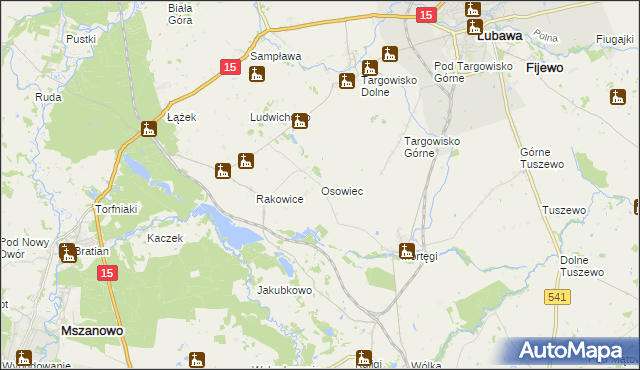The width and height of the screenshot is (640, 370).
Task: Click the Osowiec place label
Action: coord(341,190)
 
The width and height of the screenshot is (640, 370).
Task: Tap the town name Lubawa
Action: coord(502,35)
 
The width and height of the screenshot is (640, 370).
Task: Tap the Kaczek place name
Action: coord(165,238)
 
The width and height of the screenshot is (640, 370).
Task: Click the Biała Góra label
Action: coord(180,12)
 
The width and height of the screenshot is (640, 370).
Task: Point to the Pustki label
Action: coord(80,39)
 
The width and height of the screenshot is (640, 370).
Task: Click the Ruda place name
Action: coord(48,97)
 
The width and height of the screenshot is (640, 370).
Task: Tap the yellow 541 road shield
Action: coord(558,296)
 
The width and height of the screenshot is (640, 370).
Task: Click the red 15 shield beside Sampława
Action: coord(229,67)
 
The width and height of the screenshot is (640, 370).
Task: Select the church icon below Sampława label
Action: coord(257,75)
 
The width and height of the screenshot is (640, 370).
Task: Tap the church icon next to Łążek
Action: coord(149,128)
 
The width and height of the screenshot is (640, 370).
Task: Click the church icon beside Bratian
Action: coord(68,253)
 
